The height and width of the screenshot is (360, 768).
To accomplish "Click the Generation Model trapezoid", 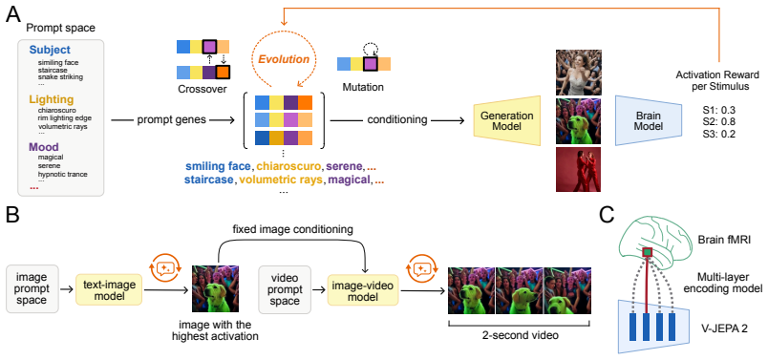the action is point(507,120).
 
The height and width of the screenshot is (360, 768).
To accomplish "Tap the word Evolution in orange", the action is point(284,60).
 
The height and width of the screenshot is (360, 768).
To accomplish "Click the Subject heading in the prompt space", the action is point(50,50).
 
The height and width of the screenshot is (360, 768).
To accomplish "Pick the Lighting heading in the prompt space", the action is point(52,99).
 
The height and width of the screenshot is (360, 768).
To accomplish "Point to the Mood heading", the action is point(44,146).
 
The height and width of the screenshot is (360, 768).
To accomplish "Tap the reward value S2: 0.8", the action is point(718,121).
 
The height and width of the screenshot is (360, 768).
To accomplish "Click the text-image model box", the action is point(109,289).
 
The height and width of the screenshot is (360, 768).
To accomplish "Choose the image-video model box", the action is point(363,289).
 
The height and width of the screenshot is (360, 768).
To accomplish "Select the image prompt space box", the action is point(32,289).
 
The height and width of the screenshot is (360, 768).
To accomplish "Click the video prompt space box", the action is point(285,289).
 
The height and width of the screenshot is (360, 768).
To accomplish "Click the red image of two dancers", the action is point(578,169).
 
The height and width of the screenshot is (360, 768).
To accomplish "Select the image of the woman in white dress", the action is point(579,72).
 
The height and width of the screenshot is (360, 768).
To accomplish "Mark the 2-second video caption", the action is point(520,336).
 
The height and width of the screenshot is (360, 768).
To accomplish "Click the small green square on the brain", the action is point(648,252).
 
